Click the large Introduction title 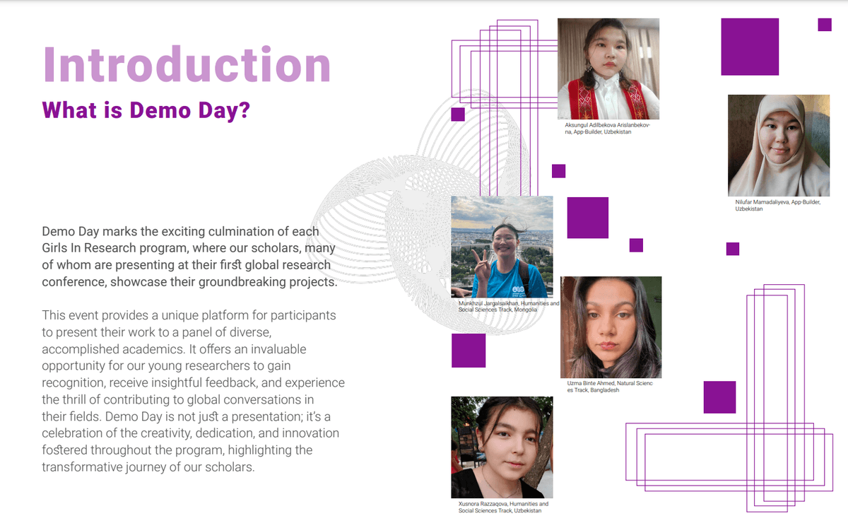pos(187,64)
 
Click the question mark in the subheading pos(245,110)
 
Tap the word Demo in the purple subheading pos(160,110)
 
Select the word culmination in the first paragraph pos(251,231)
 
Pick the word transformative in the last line pos(82,467)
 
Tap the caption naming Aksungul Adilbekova pos(607,129)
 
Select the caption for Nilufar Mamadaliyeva pos(777,205)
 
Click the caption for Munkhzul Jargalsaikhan pos(508,306)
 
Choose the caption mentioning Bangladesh pos(609,387)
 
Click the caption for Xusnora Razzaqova pos(503,507)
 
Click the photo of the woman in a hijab pos(778,146)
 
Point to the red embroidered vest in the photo pos(608,98)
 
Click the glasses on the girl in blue pos(505,239)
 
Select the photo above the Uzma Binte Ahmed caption pos(611,327)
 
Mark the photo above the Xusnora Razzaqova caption pos(502,447)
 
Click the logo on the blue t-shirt pos(518,291)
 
